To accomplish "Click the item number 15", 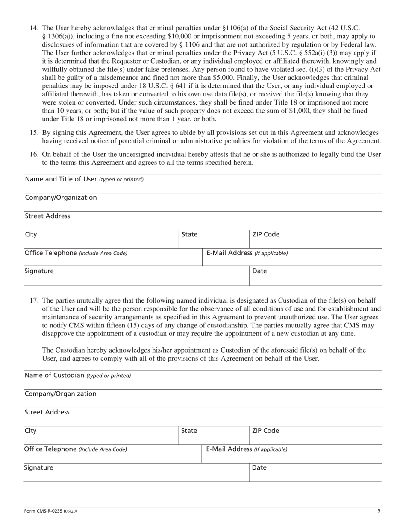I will [34, 133].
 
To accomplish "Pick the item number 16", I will [34, 154].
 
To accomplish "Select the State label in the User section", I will [189, 234].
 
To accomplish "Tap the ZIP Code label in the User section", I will [266, 234].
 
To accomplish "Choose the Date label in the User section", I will [259, 271].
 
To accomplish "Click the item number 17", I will [34, 300].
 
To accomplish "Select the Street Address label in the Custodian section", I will [47, 412].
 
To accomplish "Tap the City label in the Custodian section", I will [30, 431].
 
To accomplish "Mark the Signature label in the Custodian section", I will [38, 467].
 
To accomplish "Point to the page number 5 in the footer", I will [379, 510].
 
